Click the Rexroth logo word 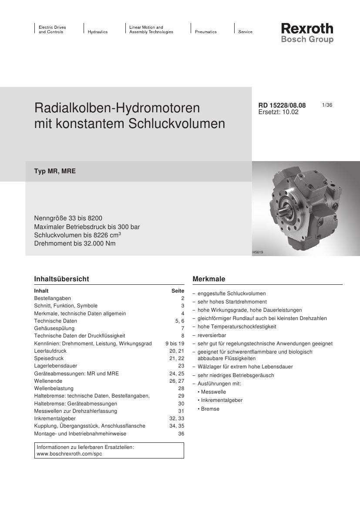[307, 29]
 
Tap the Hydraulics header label [98, 32]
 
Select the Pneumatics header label [205, 32]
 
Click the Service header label [245, 32]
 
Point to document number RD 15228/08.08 [282, 105]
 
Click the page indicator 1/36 [327, 105]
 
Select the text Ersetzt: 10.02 [278, 112]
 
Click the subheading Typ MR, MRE [55, 171]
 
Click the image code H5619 [258, 253]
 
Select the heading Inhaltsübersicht [61, 279]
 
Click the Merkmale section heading [209, 279]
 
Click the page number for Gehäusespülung [183, 328]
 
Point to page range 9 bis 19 [175, 344]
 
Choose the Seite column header [178, 291]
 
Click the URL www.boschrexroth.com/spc [69, 454]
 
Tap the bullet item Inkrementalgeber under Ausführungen [222, 400]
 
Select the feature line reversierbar [212, 335]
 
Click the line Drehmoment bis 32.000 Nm [75, 243]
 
